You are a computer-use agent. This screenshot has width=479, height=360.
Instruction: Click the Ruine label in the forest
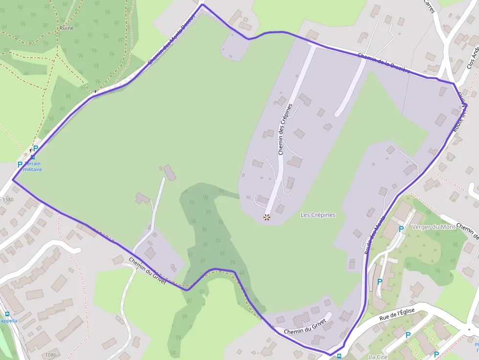click(x=66, y=28)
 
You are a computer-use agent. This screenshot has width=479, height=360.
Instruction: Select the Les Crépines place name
click(x=318, y=214)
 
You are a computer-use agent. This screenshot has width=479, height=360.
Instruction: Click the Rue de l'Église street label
click(x=397, y=315)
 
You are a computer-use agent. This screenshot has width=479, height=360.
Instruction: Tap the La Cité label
click(x=378, y=357)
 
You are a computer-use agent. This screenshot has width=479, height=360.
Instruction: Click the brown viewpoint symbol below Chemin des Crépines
click(x=266, y=216)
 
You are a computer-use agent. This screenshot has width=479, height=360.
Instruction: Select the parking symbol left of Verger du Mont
click(x=401, y=228)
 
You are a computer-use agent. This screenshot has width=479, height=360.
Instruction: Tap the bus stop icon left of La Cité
click(x=339, y=356)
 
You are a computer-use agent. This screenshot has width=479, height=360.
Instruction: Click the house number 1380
click(x=8, y=200)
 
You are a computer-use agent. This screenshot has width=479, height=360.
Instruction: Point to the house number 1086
click(x=50, y=355)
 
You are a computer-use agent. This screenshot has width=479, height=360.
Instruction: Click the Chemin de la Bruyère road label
click(x=383, y=64)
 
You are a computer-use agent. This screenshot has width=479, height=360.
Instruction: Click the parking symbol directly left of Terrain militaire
click(x=20, y=165)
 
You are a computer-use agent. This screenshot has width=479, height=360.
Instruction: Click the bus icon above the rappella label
click(x=7, y=314)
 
